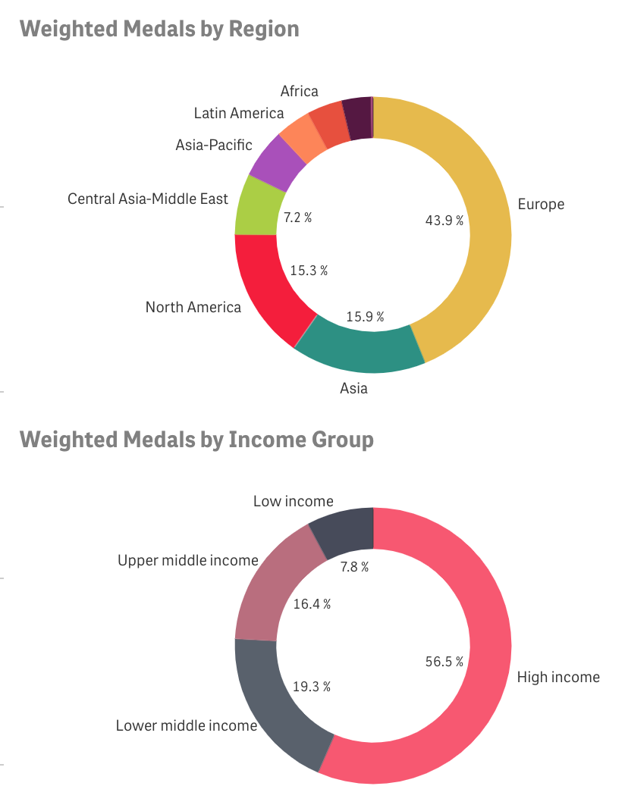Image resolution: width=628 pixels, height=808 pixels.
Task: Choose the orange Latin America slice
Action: (x=300, y=136)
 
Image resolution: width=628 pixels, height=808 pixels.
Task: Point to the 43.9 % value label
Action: (x=443, y=220)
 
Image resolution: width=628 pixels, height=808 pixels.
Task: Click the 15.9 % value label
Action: (x=365, y=316)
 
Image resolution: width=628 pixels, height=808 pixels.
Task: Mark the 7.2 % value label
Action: (x=297, y=218)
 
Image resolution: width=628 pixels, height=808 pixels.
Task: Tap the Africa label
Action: (x=299, y=92)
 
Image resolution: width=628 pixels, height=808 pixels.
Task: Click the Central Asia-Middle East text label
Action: (x=148, y=199)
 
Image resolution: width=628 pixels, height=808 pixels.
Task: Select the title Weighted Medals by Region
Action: (x=159, y=29)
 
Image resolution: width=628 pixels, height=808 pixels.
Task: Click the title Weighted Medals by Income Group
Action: (x=196, y=440)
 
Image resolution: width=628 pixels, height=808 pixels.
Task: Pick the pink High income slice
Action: (x=485, y=667)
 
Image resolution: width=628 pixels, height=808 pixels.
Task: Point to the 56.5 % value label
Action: (x=444, y=662)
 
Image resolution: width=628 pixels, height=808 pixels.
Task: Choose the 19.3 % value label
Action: (x=311, y=687)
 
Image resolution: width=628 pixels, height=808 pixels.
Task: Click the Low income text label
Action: (x=293, y=501)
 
